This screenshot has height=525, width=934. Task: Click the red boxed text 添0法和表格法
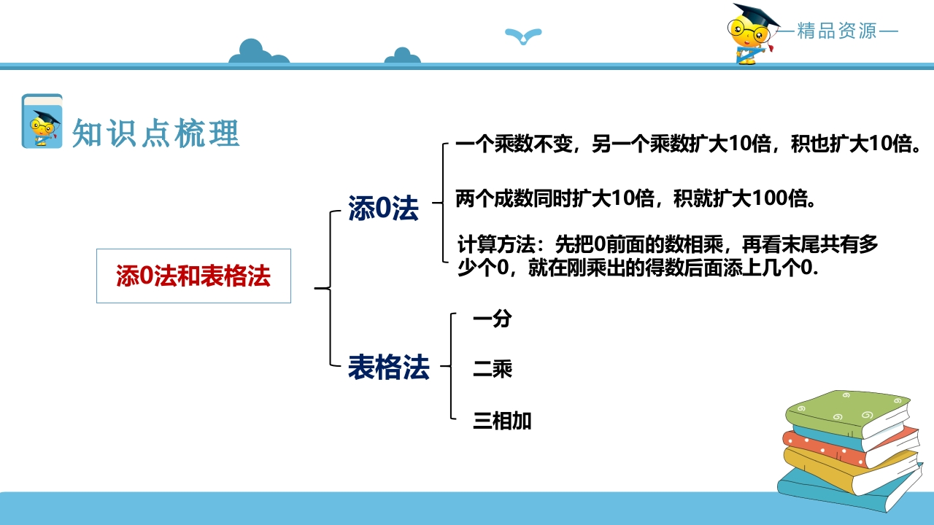pos(193,276)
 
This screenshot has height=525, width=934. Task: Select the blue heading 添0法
pos(383,208)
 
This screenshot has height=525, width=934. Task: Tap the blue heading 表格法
pos(389,367)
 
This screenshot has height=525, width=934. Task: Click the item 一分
pos(493,319)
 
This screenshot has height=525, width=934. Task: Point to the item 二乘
pos(493,369)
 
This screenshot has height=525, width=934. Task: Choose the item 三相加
pos(502,421)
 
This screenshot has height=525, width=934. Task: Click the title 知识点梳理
pos(156,133)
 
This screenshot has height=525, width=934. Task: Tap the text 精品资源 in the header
pos(837,31)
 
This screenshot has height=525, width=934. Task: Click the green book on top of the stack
pos(846,413)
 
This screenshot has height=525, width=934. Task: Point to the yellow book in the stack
pos(851,469)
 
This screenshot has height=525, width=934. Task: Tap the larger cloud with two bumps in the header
pos(258,52)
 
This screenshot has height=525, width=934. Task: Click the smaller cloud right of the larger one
pos(402,56)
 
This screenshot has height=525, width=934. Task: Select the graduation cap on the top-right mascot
pos(755,16)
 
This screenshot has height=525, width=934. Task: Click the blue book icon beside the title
pos(42,121)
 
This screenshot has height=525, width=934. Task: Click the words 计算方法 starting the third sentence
pos(496,244)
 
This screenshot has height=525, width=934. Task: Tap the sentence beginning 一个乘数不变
pos(688,144)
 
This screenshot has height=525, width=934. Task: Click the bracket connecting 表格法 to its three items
pos(452,366)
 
